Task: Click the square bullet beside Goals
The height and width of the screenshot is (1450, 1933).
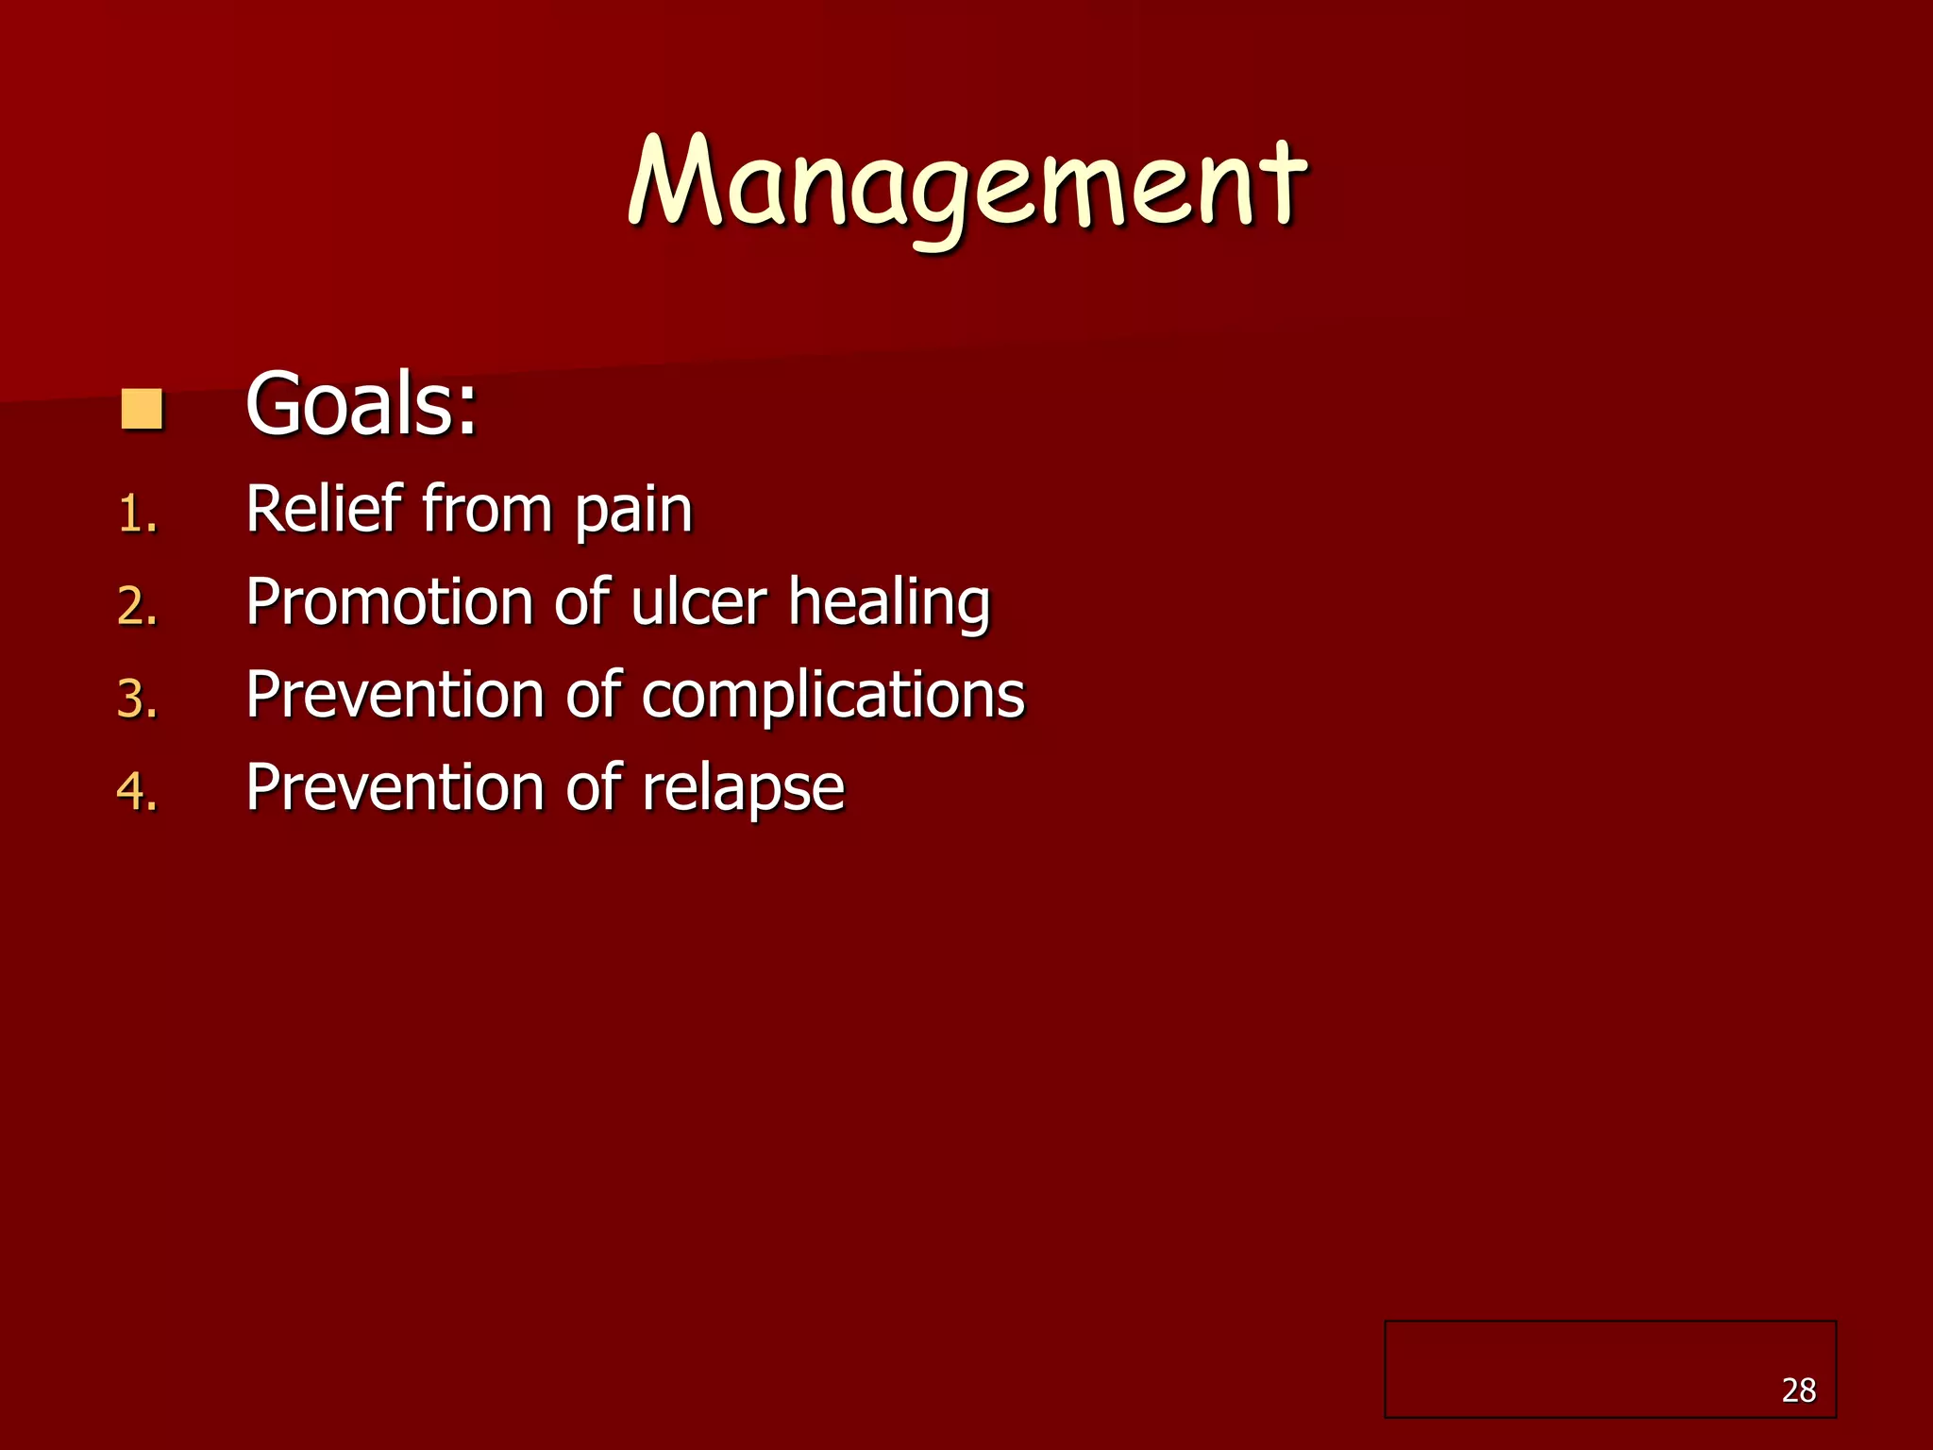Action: [x=143, y=410]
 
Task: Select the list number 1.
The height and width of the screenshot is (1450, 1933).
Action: [x=136, y=515]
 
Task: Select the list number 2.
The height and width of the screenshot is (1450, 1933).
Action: [x=136, y=606]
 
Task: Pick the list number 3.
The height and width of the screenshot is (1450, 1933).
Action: [x=136, y=700]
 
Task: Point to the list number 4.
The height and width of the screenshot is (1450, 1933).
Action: [x=136, y=791]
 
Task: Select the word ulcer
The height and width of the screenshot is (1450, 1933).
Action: [x=698, y=601]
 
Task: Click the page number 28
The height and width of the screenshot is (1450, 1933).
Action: [x=1798, y=1391]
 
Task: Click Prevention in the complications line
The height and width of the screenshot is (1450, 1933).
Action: [x=395, y=695]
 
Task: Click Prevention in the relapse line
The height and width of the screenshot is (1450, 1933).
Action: [x=395, y=787]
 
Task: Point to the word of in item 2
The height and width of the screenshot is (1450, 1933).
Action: [x=582, y=601]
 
